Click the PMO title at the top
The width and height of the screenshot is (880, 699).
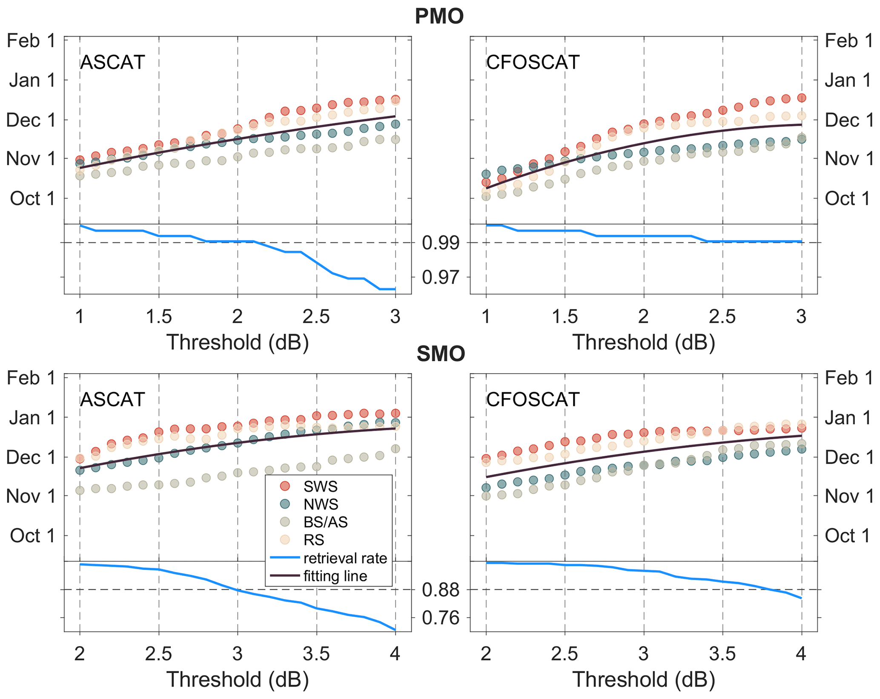point(439,16)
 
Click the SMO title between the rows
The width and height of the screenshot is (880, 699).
point(441,354)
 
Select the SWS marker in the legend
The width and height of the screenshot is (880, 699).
point(285,486)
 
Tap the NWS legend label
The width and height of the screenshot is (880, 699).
point(321,504)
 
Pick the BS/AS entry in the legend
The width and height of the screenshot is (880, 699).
point(325,522)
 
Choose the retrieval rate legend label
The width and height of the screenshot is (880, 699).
point(345,558)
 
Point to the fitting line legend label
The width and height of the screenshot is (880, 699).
point(335,576)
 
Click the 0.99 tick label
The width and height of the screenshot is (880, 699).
point(441,243)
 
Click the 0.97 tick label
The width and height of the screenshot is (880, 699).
point(441,277)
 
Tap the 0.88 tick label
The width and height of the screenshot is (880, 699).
point(441,590)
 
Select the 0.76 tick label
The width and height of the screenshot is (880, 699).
point(441,618)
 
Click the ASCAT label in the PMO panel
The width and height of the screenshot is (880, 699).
point(112,62)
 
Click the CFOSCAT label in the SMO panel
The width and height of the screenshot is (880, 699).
point(533,400)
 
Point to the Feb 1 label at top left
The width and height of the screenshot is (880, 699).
point(31,41)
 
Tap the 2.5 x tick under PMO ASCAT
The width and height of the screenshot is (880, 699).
point(316,316)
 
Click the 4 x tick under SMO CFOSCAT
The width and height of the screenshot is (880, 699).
point(801,654)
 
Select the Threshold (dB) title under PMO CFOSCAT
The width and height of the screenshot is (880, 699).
point(643,342)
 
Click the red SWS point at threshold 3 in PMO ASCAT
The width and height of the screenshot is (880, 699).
point(396,99)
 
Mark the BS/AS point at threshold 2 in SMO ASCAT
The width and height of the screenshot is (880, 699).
point(80,491)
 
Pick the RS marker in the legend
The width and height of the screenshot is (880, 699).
point(285,540)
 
